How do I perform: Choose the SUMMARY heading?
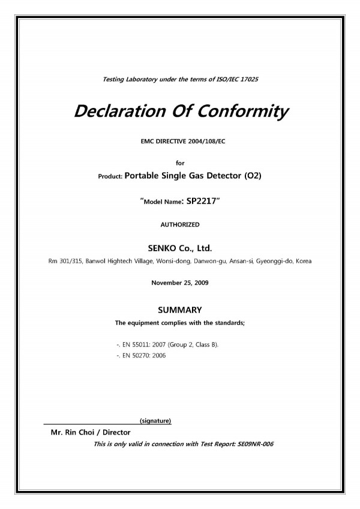click(179, 310)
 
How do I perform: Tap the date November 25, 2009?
click(179, 281)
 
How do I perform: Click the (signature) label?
click(155, 420)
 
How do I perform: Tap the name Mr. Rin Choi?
click(73, 432)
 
